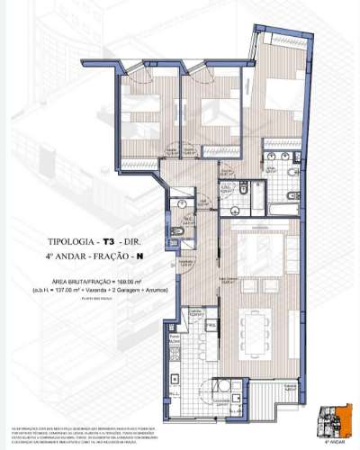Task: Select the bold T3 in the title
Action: coord(108,242)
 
